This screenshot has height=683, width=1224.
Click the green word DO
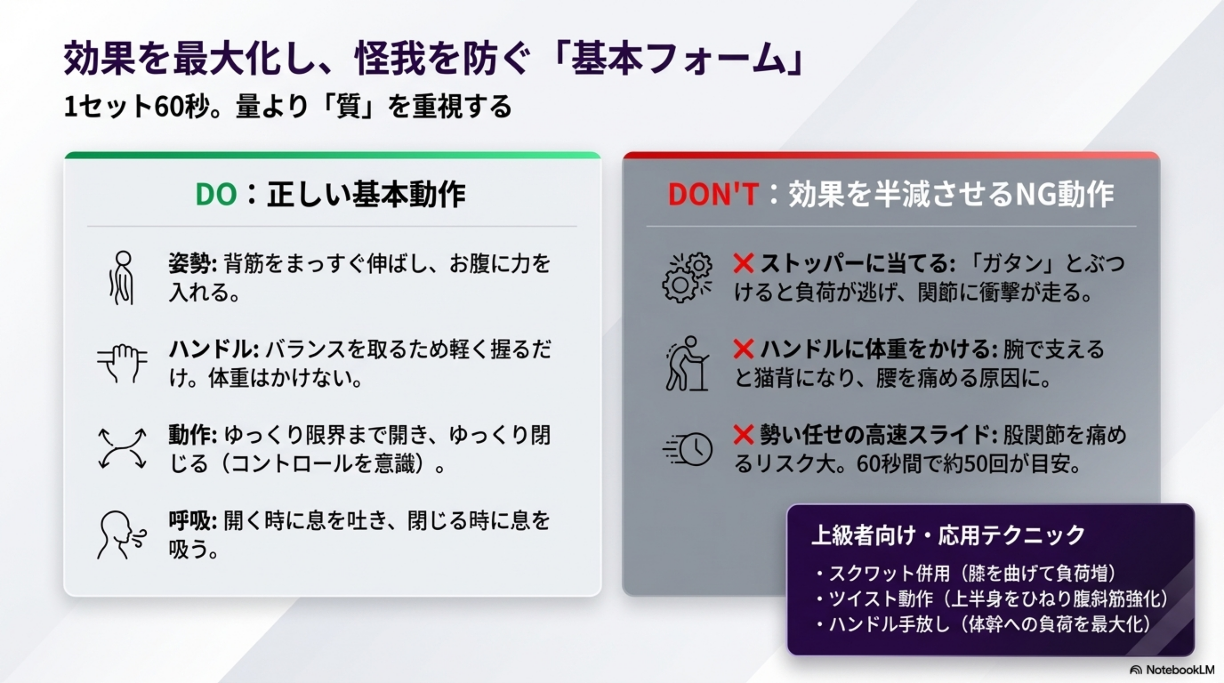point(216,195)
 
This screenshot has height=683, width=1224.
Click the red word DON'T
point(713,195)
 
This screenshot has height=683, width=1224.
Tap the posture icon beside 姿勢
point(121,278)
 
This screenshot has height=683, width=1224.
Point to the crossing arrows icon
point(122,448)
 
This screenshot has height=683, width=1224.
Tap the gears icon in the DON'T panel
point(687,278)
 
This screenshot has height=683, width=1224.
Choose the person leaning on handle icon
point(687,363)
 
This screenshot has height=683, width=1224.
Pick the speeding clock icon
point(687,449)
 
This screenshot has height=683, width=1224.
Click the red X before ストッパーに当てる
point(743,263)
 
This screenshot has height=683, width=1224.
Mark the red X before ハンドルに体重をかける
point(743,349)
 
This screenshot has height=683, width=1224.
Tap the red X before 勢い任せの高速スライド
point(743,434)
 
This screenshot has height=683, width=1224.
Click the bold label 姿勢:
point(193,263)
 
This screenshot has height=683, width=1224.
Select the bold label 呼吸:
point(193,520)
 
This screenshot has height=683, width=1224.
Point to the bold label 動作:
point(193,435)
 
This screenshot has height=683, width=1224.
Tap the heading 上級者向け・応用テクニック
point(948,535)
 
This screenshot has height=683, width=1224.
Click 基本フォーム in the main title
point(679,61)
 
